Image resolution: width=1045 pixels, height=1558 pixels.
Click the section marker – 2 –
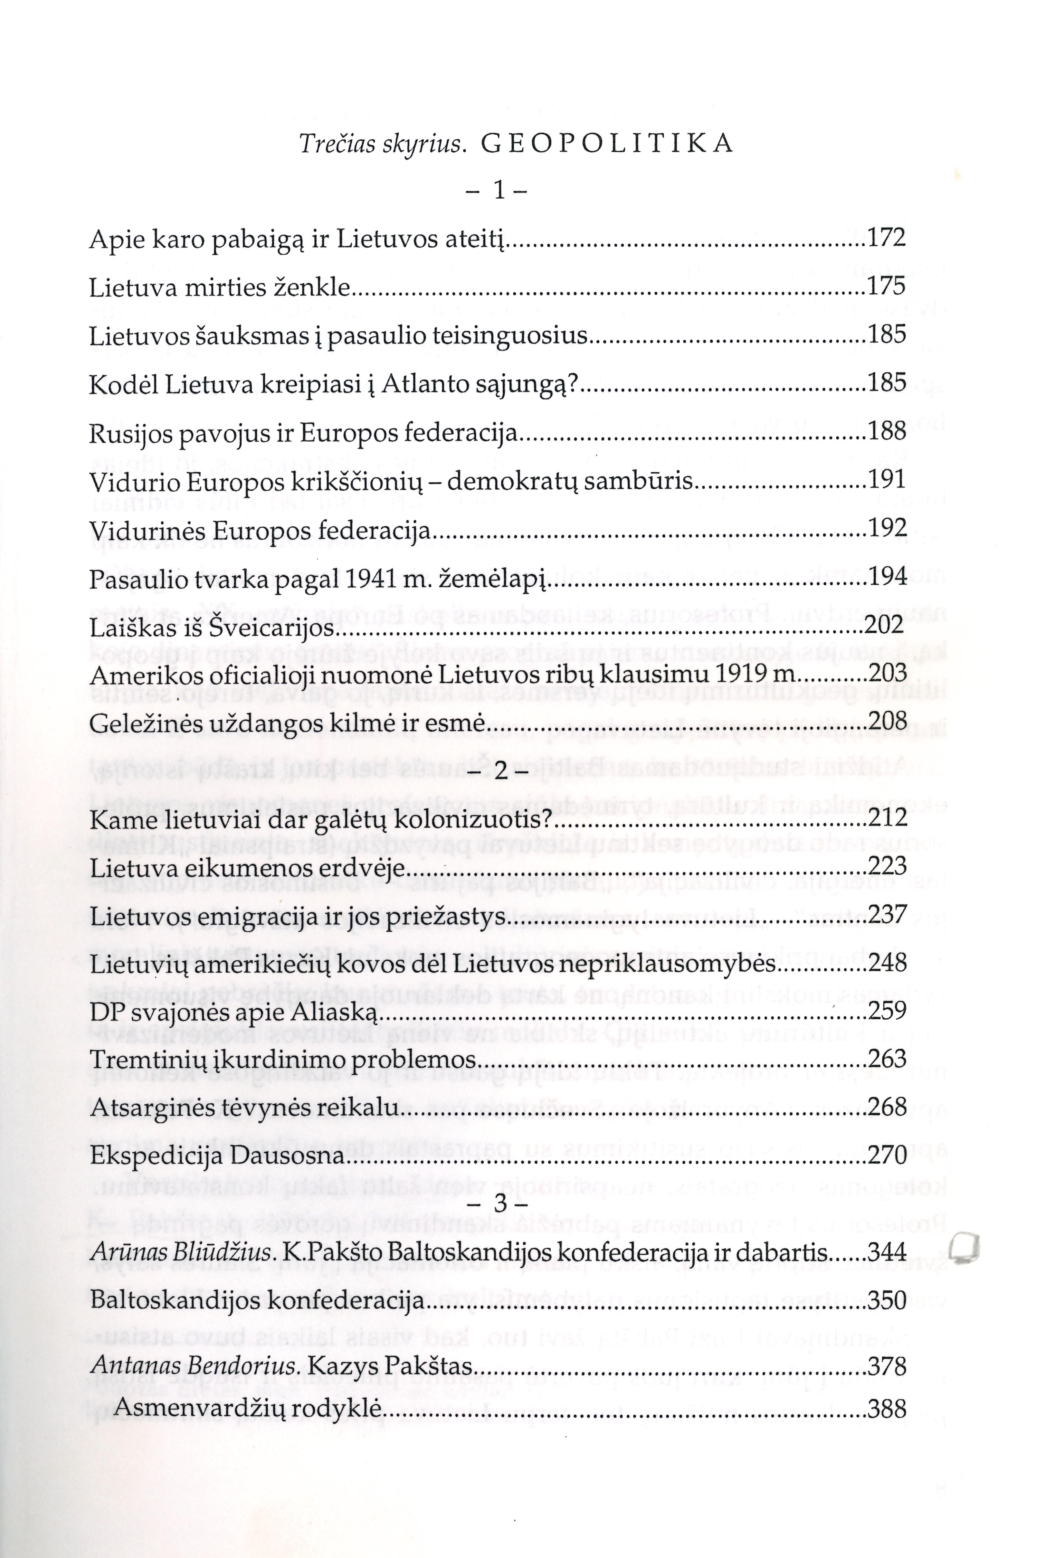click(497, 770)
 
